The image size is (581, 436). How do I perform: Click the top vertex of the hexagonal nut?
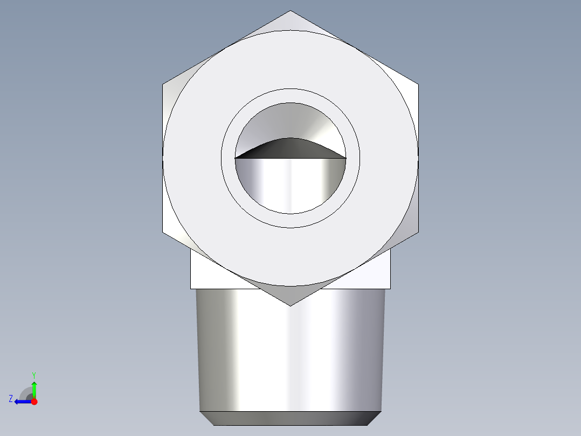coord(290,11)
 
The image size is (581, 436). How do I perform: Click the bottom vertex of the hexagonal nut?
coord(290,305)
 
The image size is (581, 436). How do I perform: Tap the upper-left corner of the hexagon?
coord(163,85)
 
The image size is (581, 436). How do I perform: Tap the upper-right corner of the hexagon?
coord(418,85)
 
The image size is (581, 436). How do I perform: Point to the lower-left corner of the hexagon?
coord(163,232)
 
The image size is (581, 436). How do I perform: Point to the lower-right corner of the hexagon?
coord(418,232)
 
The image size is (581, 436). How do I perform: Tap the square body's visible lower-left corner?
coord(191,288)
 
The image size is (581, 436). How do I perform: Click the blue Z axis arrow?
coord(22,401)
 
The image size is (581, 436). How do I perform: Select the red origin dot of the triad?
coord(34,401)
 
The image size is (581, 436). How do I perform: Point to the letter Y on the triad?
coord(33,374)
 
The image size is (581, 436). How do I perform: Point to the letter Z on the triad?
coord(11,399)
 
